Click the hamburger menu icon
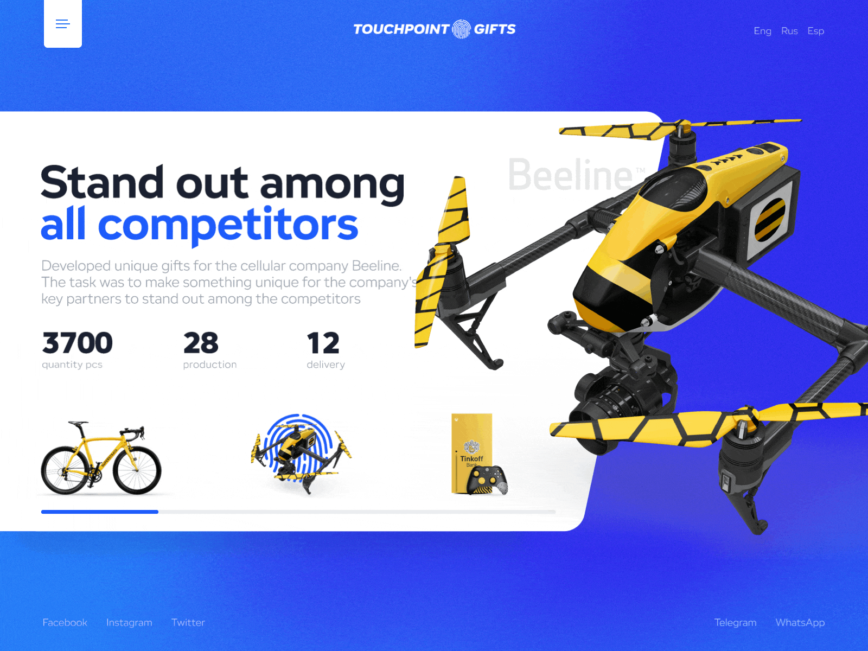(63, 24)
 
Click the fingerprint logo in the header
(461, 29)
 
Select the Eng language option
(762, 31)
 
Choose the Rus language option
(789, 31)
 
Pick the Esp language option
(815, 31)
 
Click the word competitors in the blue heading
(228, 225)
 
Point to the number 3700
(78, 343)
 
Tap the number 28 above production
(201, 343)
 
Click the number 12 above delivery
(323, 343)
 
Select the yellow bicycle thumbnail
(101, 458)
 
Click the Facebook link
(65, 622)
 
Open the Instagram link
(129, 622)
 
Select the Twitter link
(188, 622)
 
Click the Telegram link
(735, 622)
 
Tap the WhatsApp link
(800, 622)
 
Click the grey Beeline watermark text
(570, 175)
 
